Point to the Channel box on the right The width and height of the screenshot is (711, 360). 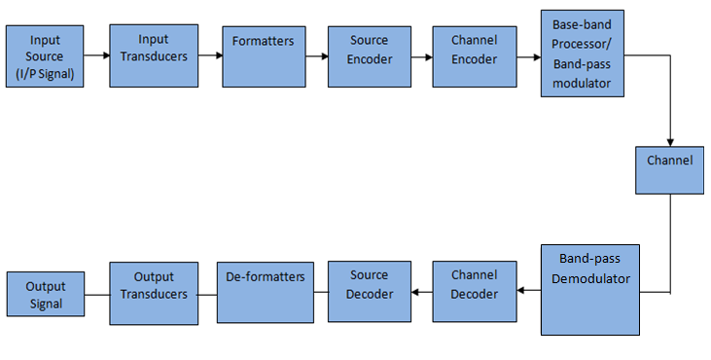(x=669, y=169)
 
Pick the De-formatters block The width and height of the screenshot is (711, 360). (x=266, y=291)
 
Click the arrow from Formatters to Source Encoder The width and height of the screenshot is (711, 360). (x=315, y=56)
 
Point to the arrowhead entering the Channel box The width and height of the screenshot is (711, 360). (x=670, y=141)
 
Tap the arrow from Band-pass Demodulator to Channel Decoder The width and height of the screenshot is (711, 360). (x=528, y=290)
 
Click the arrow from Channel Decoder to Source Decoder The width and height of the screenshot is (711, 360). (x=421, y=290)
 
